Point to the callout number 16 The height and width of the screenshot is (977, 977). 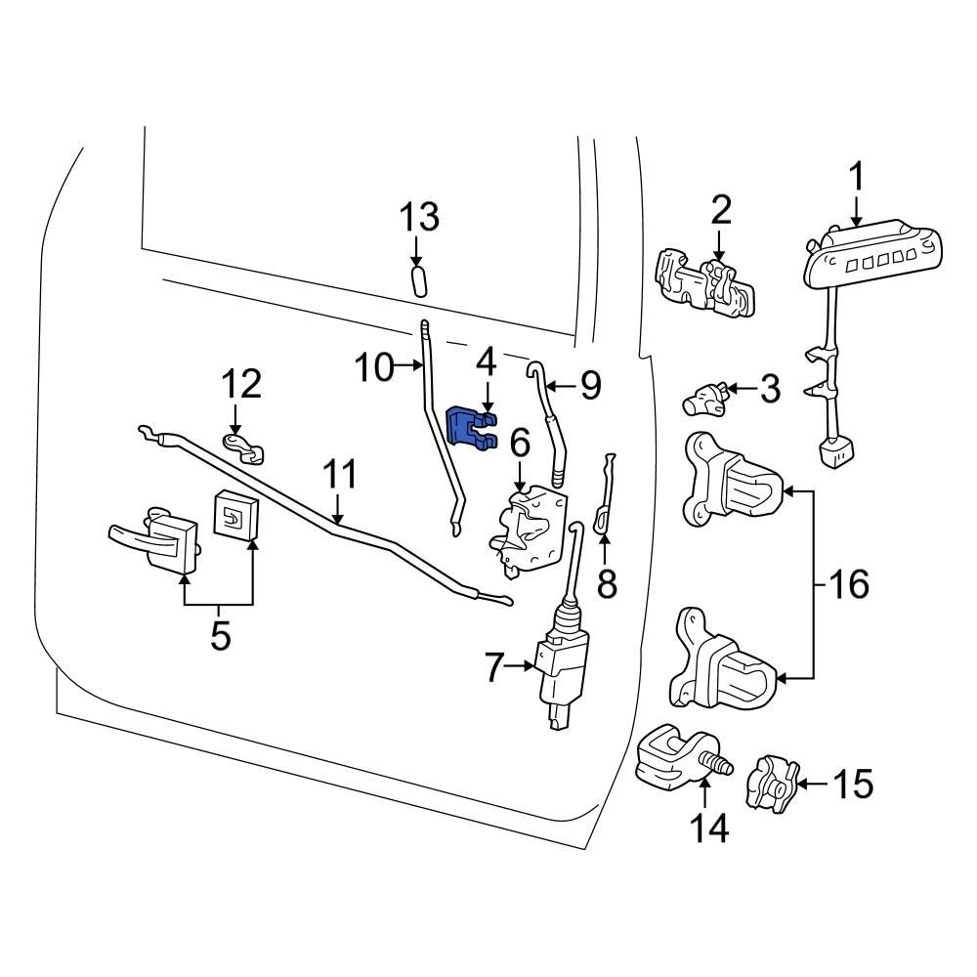848,584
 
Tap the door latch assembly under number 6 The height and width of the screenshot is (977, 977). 529,529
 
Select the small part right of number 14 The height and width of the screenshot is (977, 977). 771,782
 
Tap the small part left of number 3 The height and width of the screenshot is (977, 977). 703,399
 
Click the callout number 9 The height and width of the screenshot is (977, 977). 590,387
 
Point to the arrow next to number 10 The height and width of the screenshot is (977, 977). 408,368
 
